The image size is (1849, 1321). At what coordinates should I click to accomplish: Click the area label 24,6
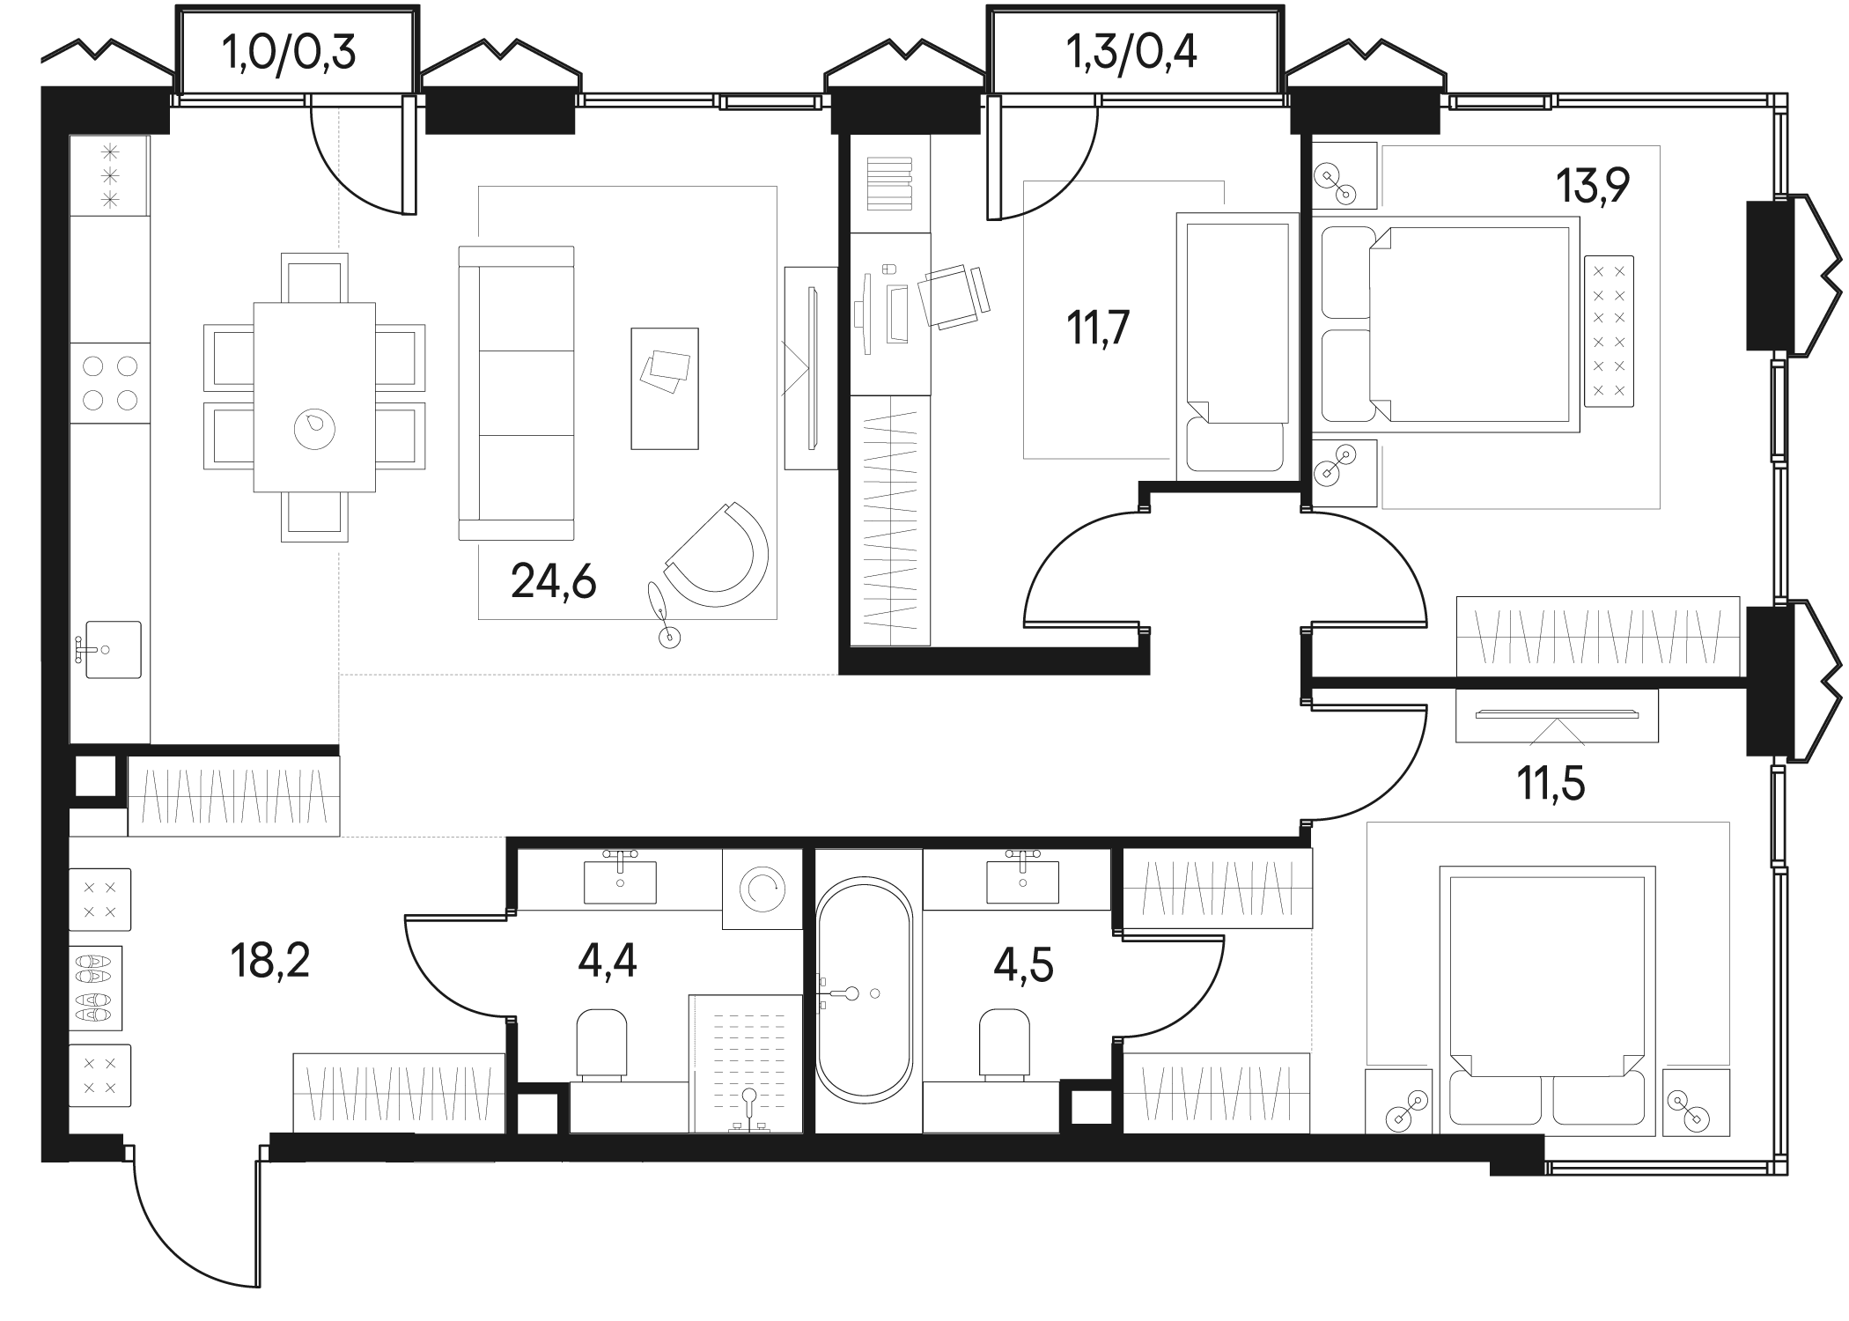554,582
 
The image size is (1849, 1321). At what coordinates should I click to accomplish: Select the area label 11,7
1098,328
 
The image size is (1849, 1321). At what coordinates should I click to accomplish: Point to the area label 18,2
269,959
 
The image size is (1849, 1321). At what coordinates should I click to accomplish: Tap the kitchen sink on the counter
112,649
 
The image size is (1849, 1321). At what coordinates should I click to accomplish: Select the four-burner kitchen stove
110,382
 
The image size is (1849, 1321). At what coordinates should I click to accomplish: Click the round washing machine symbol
762,889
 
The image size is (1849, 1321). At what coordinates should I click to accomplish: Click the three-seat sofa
516,393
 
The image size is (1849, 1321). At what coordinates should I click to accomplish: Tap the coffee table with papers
665,388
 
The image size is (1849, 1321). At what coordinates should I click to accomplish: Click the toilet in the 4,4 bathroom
601,1044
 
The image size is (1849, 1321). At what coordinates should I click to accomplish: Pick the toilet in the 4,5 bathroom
1005,1044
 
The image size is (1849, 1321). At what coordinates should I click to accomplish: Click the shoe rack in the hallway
95,988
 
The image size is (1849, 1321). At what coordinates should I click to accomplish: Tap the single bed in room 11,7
1238,346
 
